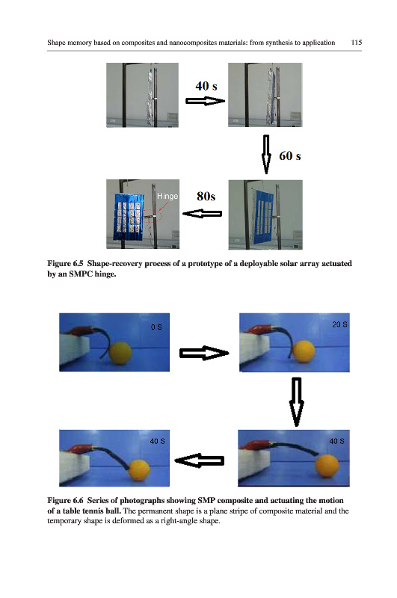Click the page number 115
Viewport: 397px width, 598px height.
click(356, 43)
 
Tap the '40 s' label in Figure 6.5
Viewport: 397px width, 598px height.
click(206, 86)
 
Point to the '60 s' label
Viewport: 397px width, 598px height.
click(290, 155)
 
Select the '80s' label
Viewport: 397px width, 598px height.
click(206, 196)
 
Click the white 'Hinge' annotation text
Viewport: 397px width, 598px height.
click(167, 196)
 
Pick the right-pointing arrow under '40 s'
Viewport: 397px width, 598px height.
click(205, 101)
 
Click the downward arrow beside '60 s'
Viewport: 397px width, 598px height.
click(266, 154)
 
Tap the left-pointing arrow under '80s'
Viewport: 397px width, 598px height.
click(202, 214)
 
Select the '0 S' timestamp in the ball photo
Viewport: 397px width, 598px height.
click(156, 327)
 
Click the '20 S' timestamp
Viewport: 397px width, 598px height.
click(339, 324)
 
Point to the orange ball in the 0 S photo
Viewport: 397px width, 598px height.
click(120, 353)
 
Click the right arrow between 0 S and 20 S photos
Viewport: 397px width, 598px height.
click(204, 353)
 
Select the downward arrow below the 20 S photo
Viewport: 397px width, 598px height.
click(297, 402)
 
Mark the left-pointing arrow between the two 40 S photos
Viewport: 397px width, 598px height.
click(199, 460)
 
